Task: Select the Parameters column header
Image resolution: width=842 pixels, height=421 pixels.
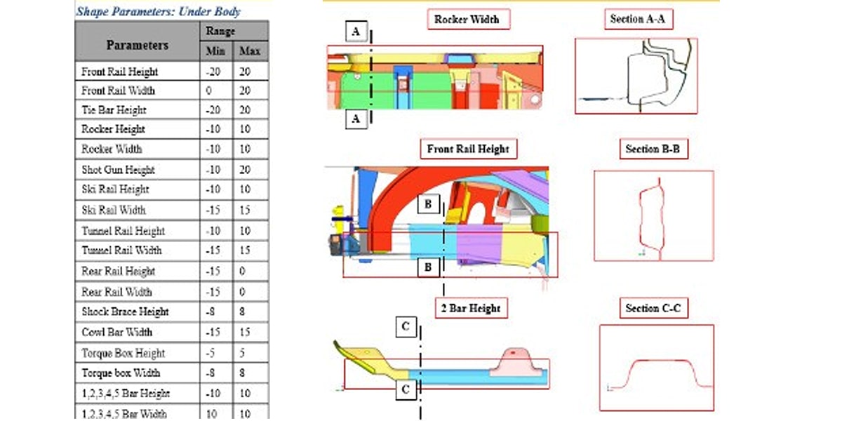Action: click(x=138, y=45)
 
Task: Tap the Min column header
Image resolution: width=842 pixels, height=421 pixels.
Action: click(x=215, y=51)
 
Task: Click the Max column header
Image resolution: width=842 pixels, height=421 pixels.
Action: click(x=250, y=51)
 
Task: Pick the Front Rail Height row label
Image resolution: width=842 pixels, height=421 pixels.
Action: click(x=120, y=72)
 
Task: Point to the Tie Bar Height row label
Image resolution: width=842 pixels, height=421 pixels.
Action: click(x=114, y=110)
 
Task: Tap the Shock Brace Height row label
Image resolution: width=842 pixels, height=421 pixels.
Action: click(x=125, y=312)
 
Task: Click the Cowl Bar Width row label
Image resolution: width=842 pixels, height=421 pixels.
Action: click(x=116, y=332)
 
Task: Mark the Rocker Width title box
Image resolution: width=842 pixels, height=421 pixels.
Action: click(x=468, y=20)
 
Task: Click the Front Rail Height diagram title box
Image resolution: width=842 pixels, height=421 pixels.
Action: click(x=468, y=149)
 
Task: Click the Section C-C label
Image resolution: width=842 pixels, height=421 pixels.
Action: click(x=654, y=309)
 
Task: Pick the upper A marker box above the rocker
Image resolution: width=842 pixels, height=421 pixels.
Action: click(x=356, y=32)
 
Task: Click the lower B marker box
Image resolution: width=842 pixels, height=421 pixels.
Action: click(x=428, y=267)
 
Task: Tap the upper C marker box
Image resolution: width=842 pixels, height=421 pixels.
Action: click(x=406, y=326)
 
